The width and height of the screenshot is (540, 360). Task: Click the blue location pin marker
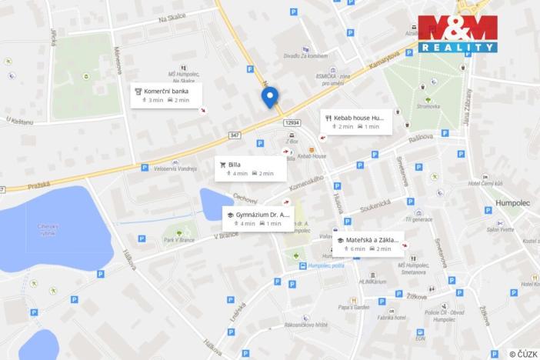[x=269, y=97]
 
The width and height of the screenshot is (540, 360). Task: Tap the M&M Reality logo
[x=457, y=34]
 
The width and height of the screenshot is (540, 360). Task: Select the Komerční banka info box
[x=166, y=95]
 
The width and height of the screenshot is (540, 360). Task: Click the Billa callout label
[x=251, y=168]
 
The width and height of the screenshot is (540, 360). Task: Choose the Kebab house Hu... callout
[x=355, y=122]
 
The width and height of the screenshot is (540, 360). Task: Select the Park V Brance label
[x=179, y=241]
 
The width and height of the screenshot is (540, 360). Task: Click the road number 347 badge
[x=234, y=135]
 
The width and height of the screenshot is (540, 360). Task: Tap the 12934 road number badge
[x=292, y=123]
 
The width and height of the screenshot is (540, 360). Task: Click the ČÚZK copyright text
[x=523, y=354]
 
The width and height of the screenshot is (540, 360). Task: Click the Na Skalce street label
[x=172, y=20]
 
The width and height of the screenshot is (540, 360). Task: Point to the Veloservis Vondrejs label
[x=175, y=168]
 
